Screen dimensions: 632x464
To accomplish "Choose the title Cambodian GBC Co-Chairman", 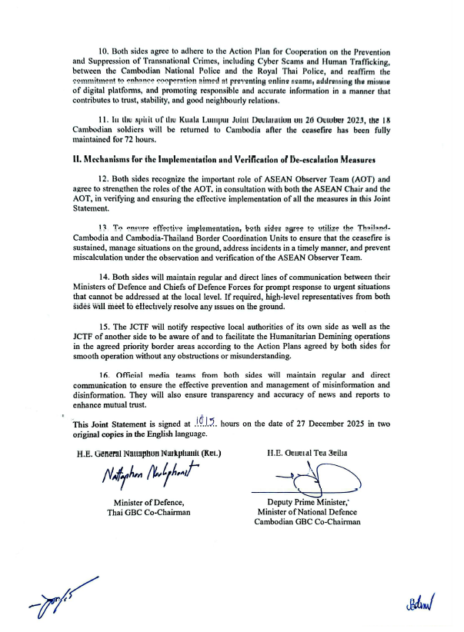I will click(x=308, y=523).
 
